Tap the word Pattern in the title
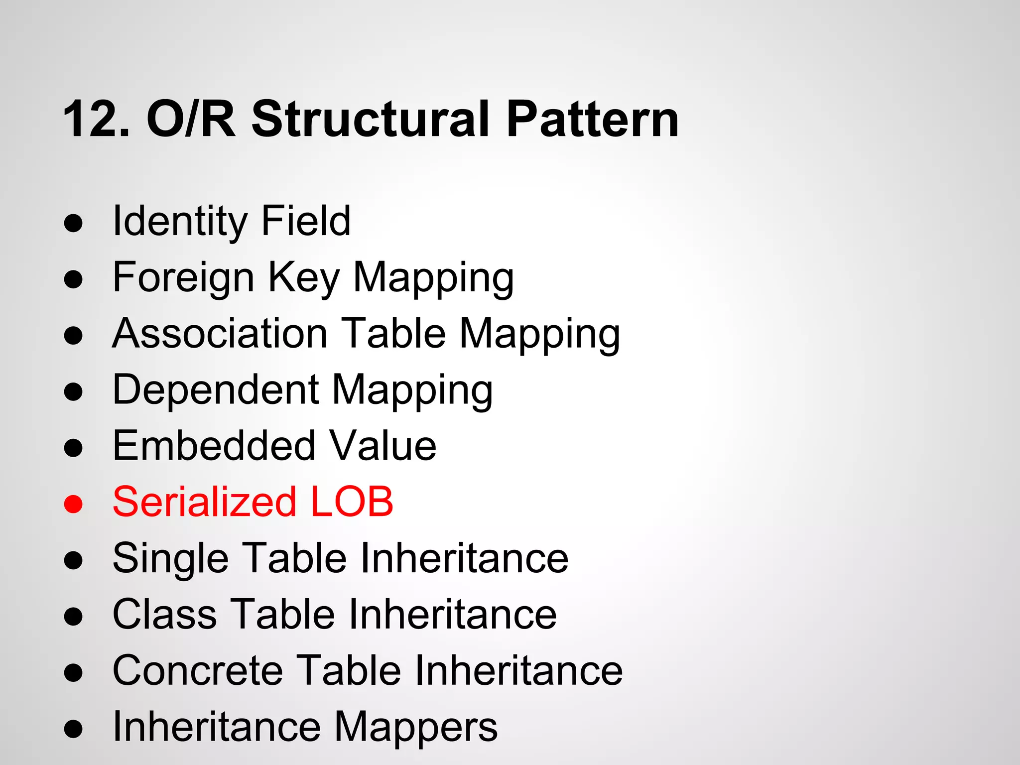[592, 120]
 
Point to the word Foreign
[183, 278]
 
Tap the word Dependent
[215, 390]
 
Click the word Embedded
[214, 446]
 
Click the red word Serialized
[204, 502]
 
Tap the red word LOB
[352, 502]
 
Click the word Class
[164, 615]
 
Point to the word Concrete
[198, 671]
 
